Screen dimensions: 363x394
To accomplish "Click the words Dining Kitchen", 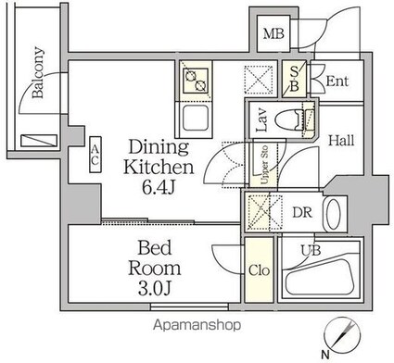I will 160,157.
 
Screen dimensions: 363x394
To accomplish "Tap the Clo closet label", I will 260,271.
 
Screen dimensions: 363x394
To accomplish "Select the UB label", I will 305,250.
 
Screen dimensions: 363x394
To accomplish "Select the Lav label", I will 261,120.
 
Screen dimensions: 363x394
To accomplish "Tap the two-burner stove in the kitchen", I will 197,82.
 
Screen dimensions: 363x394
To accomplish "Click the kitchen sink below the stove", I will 197,118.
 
